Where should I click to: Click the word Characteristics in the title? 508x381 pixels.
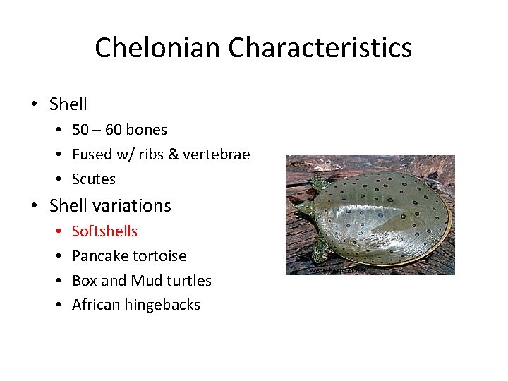tap(320, 48)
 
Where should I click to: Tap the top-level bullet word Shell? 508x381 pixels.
tap(68, 104)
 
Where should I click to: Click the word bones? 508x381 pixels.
tap(145, 130)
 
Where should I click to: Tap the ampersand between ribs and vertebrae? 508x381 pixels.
tap(182, 155)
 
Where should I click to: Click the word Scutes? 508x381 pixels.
tap(94, 179)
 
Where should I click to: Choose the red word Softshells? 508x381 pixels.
tap(104, 231)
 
